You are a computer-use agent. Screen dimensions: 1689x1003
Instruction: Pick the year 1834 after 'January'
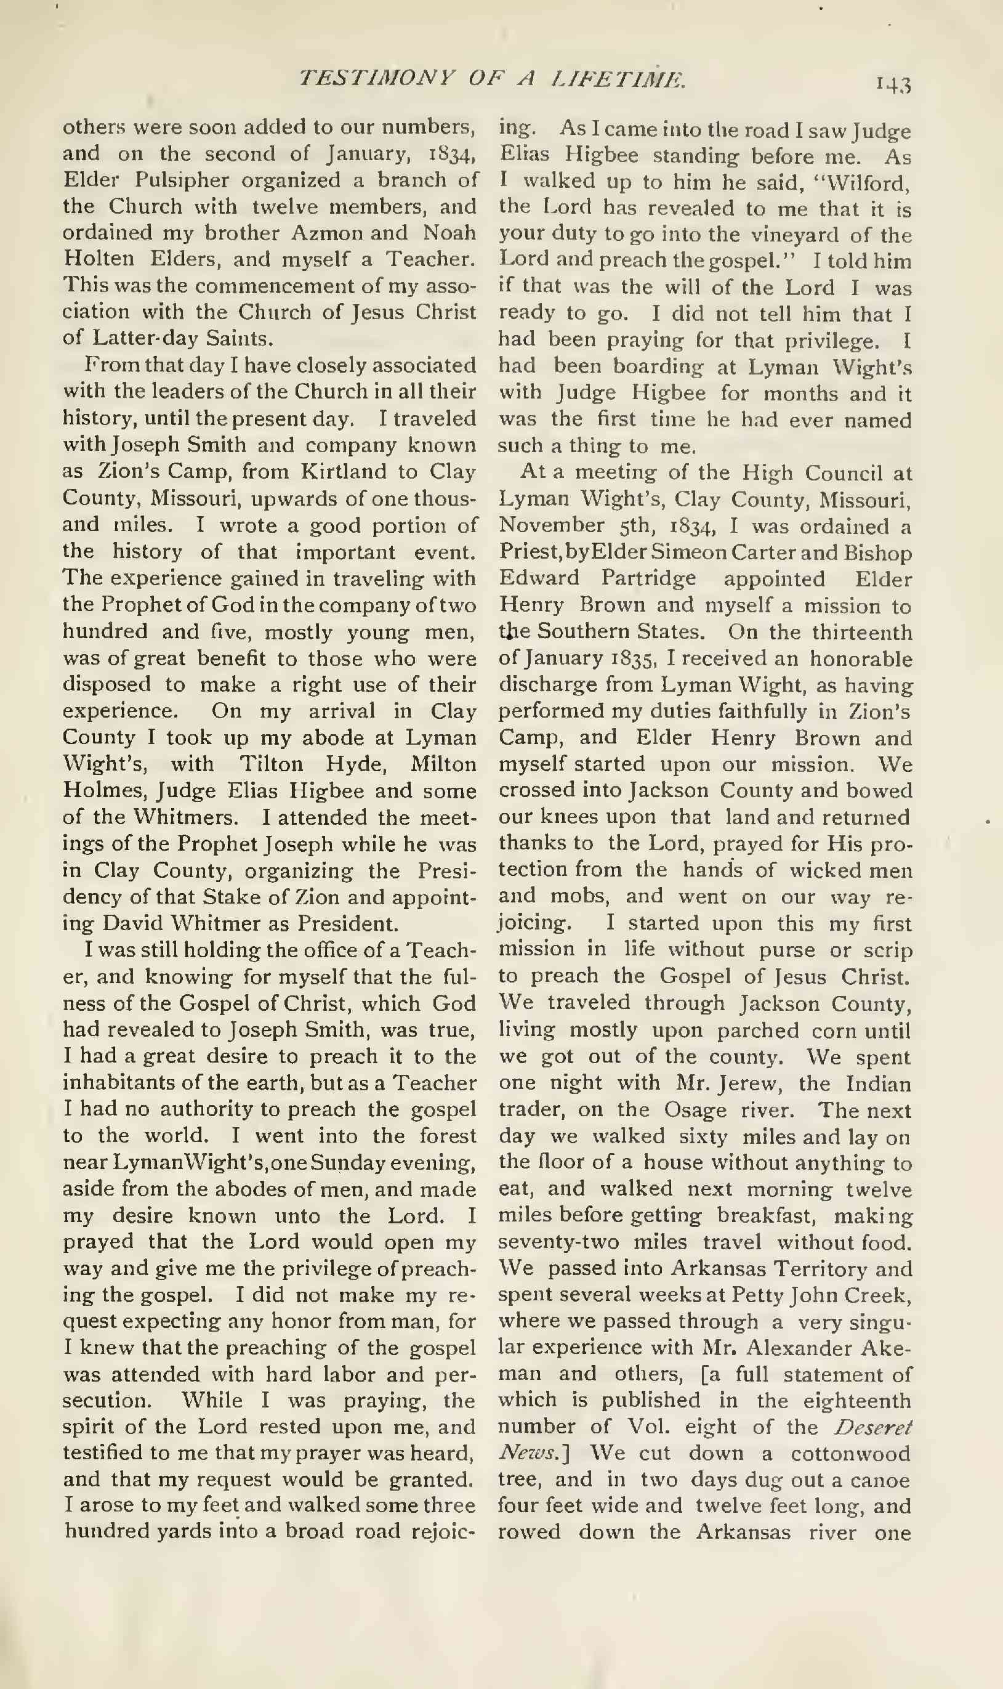tap(454, 154)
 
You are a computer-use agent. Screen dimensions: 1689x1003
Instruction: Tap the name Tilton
tap(270, 764)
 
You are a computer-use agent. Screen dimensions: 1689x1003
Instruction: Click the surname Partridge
tap(648, 579)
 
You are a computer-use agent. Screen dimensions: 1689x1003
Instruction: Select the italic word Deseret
tap(872, 1427)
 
